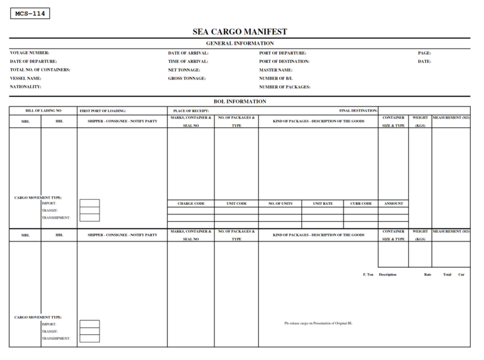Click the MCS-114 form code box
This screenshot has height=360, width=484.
coord(30,13)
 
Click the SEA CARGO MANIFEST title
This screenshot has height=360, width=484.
coord(239,32)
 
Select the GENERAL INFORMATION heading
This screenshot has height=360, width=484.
coord(239,43)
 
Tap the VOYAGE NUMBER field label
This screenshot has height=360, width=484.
coord(30,53)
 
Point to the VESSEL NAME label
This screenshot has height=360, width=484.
coord(26,78)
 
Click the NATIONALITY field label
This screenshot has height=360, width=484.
coord(26,86)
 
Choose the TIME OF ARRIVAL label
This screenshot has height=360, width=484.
coord(188,61)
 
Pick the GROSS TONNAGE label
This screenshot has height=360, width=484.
coord(187,78)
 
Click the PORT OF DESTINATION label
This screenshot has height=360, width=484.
coord(284,61)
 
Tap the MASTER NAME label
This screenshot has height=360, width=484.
coord(276,70)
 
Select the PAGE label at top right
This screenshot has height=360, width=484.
coord(424,53)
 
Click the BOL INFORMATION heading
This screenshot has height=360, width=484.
coord(239,101)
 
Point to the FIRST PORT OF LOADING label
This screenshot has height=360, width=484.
coord(103,110)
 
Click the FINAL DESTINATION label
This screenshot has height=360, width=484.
coord(358,110)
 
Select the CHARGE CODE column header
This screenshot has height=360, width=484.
coord(191,204)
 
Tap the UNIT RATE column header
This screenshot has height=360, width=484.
coord(322,204)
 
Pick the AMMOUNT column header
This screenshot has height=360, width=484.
coord(393,204)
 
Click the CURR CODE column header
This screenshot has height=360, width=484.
coord(361,204)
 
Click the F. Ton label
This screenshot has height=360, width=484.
coord(369,274)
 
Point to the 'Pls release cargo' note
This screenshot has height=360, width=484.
coord(318,323)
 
